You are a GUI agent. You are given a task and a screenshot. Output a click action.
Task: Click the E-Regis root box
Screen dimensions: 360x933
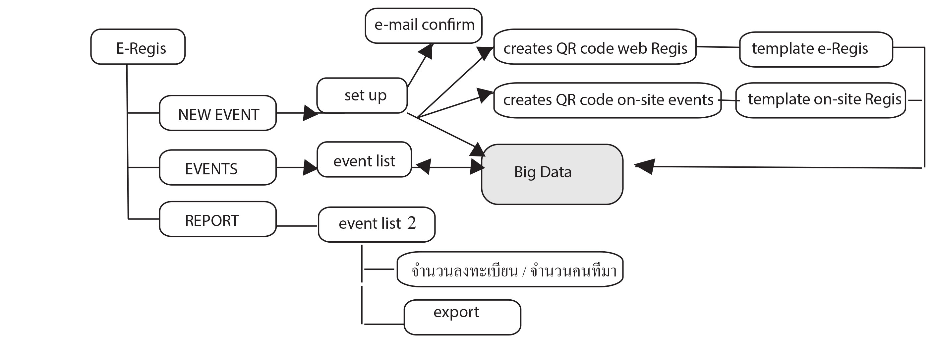point(138,47)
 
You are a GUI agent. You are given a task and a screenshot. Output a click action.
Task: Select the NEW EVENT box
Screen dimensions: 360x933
point(218,113)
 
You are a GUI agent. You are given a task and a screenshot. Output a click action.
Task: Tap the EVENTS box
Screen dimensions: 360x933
point(218,168)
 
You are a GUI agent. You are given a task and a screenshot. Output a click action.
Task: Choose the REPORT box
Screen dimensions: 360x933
point(218,219)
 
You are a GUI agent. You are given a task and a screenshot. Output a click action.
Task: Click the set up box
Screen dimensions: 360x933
point(362,95)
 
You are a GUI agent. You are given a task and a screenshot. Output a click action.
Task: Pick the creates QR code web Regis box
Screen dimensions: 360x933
point(595,47)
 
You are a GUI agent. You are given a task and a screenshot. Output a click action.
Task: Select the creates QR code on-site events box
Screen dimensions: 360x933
point(608,100)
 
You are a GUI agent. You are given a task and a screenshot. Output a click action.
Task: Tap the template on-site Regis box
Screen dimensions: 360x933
point(821,100)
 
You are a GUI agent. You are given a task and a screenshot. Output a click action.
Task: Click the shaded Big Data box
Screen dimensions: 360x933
point(552,175)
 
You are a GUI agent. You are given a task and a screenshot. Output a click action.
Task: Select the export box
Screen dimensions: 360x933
point(462,317)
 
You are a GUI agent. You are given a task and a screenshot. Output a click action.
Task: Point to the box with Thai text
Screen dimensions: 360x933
point(510,270)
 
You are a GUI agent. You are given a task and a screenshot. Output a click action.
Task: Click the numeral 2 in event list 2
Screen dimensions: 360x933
point(411,223)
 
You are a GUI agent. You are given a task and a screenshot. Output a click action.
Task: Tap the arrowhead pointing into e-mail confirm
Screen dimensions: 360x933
point(427,51)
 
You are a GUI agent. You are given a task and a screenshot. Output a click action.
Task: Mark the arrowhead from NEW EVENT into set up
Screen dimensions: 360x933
point(310,113)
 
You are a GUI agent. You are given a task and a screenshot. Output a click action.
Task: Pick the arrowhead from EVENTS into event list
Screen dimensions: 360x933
point(310,167)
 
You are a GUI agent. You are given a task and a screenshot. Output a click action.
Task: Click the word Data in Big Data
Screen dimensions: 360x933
point(555,172)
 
